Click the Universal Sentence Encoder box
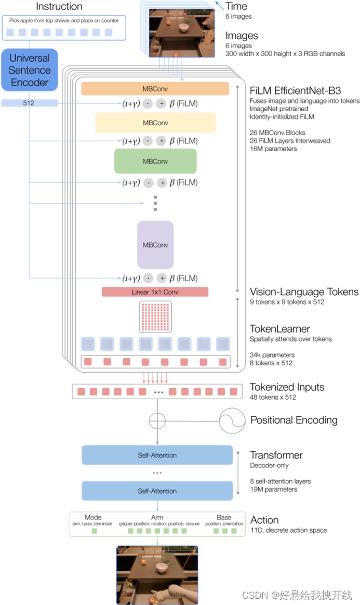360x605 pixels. [x=30, y=70]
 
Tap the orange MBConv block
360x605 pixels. [x=155, y=89]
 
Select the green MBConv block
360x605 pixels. [x=155, y=161]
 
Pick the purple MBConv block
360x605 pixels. [x=155, y=245]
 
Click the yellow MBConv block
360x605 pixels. [x=155, y=123]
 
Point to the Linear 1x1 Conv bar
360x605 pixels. [x=155, y=292]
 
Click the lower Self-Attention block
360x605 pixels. [x=157, y=491]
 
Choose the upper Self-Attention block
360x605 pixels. [x=157, y=455]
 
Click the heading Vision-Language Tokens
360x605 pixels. [x=304, y=292]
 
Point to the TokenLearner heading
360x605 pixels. [x=280, y=328]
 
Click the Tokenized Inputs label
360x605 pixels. [x=287, y=387]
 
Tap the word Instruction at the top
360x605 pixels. [x=59, y=7]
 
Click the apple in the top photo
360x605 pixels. [x=176, y=54]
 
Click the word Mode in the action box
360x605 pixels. [x=92, y=517]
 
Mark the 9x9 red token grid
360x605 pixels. [x=155, y=317]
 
